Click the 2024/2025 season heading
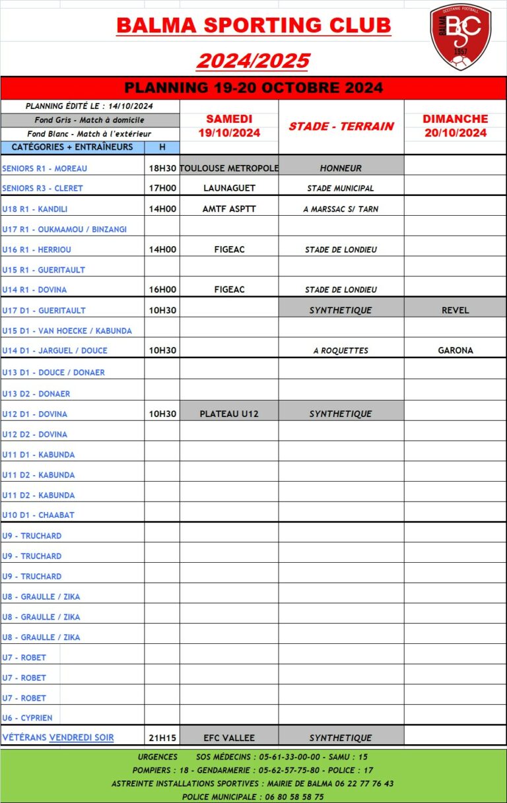tap(253, 61)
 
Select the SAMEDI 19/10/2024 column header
tap(229, 125)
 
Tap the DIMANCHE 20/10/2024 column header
tap(455, 125)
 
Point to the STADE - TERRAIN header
tap(341, 126)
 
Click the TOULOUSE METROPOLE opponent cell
tap(229, 168)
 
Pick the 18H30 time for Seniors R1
tap(162, 168)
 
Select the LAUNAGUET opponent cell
tap(229, 188)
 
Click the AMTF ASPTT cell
tap(229, 209)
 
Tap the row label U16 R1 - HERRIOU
tap(37, 249)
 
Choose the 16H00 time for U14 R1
tap(162, 290)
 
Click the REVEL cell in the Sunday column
tap(455, 310)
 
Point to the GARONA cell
tap(455, 350)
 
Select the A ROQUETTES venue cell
tap(341, 350)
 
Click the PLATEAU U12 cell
tap(229, 414)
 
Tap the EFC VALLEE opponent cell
tap(229, 738)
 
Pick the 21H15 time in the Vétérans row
tap(162, 738)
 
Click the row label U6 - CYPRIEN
tap(27, 718)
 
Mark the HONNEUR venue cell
tap(341, 168)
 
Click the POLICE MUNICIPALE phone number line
tap(253, 796)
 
